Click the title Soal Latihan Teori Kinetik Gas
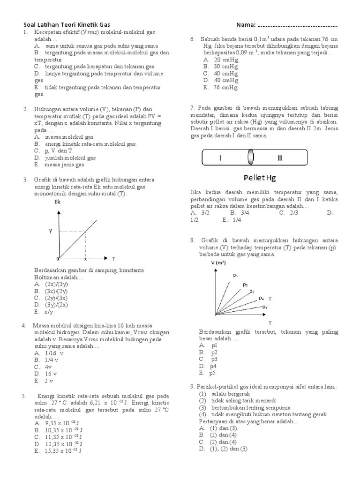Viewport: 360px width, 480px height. [x=67, y=24]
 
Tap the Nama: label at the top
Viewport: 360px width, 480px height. [x=247, y=24]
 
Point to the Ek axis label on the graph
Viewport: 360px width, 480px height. [x=58, y=202]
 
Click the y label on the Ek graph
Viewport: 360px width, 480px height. [x=51, y=231]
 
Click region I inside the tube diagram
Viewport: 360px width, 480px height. [x=220, y=158]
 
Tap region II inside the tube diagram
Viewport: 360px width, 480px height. [x=280, y=158]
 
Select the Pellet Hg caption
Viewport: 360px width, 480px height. [x=260, y=178]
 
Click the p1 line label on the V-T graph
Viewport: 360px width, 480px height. [x=235, y=275]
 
